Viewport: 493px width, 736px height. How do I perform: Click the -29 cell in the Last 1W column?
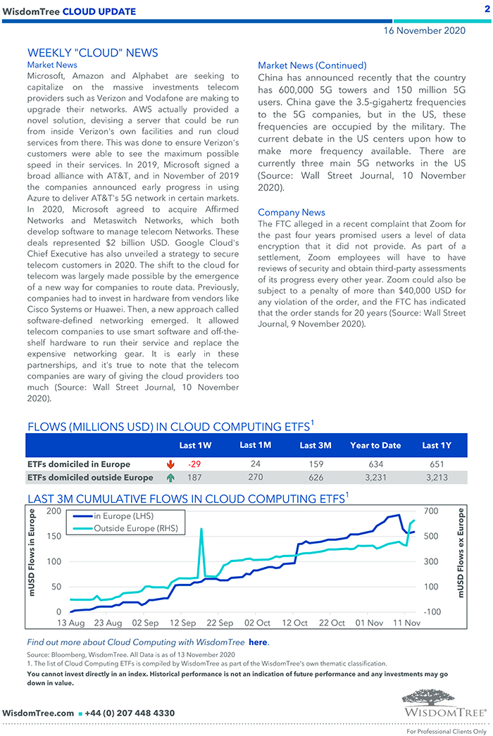click(195, 464)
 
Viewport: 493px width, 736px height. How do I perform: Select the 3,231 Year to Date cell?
click(375, 478)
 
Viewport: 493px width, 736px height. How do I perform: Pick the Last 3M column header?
click(315, 445)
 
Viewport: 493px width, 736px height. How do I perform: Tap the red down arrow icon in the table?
click(170, 464)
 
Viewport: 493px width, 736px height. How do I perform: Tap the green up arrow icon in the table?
click(170, 478)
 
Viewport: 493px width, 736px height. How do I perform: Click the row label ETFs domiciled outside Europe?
click(89, 478)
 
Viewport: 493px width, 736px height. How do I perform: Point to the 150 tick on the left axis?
click(53, 536)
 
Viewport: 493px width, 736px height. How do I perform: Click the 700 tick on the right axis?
click(431, 511)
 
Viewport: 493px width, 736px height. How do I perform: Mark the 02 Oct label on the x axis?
click(257, 623)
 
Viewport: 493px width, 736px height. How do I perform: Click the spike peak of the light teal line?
click(201, 529)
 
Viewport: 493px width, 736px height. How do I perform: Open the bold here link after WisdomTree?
click(258, 642)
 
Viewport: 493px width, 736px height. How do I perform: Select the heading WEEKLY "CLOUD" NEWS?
click(92, 53)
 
